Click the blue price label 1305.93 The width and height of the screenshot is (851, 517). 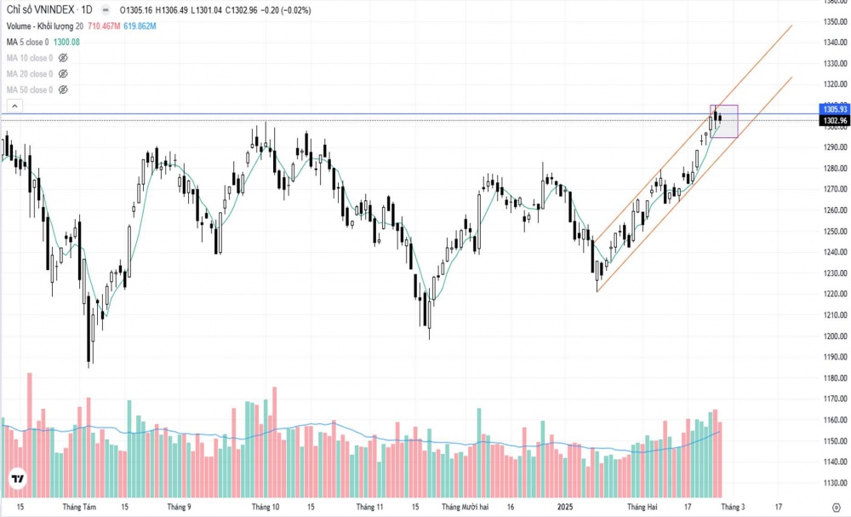coord(834,109)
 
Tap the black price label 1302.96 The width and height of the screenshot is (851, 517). coord(834,121)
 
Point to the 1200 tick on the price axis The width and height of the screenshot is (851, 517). coord(833,336)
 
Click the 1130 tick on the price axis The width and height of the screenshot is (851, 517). coord(833,483)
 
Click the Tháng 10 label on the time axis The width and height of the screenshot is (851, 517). coord(265,507)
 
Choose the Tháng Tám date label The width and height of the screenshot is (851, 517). coord(79,507)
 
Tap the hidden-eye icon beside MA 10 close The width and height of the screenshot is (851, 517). coord(63,58)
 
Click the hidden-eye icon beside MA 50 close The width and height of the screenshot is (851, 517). coord(63,89)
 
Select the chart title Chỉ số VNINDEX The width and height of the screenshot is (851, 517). coord(37,10)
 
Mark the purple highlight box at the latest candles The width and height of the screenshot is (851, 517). coord(725,121)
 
